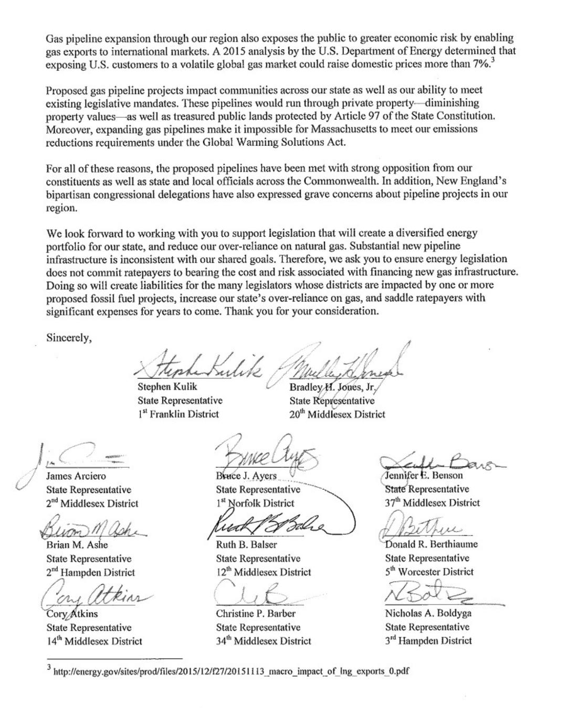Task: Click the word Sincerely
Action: click(x=68, y=337)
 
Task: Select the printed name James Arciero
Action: click(x=76, y=476)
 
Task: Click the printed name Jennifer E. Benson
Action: click(x=424, y=476)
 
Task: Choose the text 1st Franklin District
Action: click(x=178, y=414)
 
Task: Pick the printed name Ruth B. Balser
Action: click(x=246, y=544)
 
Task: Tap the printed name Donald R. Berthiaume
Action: click(x=431, y=544)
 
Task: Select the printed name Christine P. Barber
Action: click(x=255, y=613)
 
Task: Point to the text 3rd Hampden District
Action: click(x=428, y=640)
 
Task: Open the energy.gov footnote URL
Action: click(x=231, y=671)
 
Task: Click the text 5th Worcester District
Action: click(x=429, y=572)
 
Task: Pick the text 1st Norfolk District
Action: click(x=255, y=503)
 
